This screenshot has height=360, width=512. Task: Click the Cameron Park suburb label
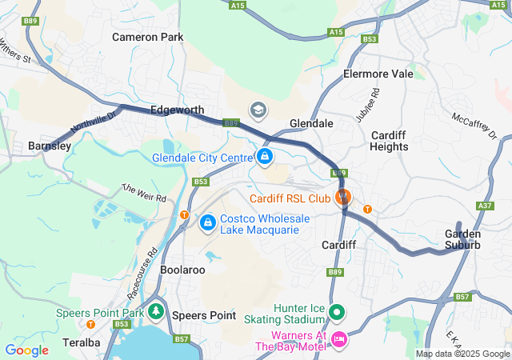point(147,37)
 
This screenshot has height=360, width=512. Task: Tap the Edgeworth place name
point(177,110)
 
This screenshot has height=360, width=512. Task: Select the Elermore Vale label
point(378,74)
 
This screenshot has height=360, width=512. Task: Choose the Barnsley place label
point(50,146)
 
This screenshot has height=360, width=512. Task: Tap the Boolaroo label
point(182,270)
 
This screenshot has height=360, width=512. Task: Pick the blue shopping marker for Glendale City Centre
point(264,156)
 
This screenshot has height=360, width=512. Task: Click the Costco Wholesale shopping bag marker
point(207,222)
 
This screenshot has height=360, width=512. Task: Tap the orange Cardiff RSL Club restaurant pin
point(344,196)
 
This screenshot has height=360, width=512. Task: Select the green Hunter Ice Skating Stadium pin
point(338,312)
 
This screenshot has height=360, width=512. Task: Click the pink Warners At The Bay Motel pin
point(338,339)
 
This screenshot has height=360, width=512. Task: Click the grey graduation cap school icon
point(258,110)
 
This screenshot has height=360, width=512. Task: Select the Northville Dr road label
point(94,122)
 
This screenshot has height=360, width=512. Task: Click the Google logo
point(26,350)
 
